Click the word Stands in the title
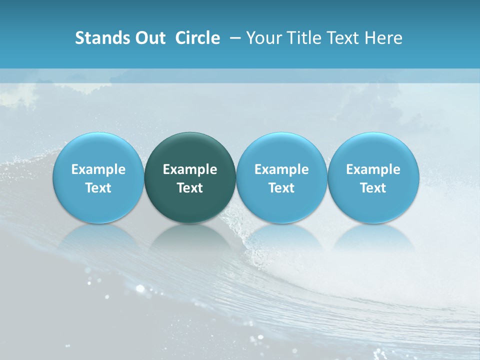pyautogui.click(x=98, y=38)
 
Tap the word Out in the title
pyautogui.click(x=148, y=38)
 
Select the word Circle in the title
pyautogui.click(x=197, y=38)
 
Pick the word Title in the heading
pyautogui.click(x=301, y=38)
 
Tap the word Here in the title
pyautogui.click(x=384, y=38)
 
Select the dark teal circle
pyautogui.click(x=190, y=150)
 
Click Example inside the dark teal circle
pyautogui.click(x=190, y=169)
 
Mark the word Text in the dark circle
pyautogui.click(x=190, y=188)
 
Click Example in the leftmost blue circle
pyautogui.click(x=98, y=169)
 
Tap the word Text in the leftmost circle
pyautogui.click(x=98, y=188)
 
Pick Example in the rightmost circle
pyautogui.click(x=373, y=169)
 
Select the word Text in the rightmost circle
pyautogui.click(x=373, y=188)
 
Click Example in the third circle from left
pyautogui.click(x=281, y=169)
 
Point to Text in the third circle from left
pyautogui.click(x=281, y=188)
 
